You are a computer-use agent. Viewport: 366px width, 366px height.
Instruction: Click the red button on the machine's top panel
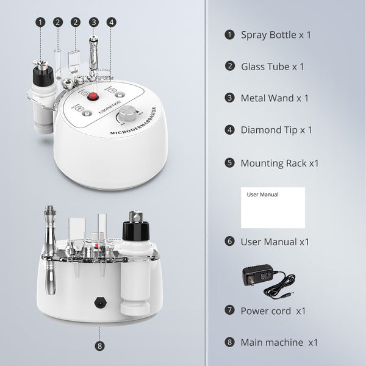[x=94, y=97]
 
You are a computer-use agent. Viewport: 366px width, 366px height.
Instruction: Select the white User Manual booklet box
[x=272, y=207]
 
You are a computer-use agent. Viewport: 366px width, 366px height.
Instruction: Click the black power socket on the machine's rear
[x=98, y=302]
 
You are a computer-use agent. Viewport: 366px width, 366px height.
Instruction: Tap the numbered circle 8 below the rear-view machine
[x=99, y=345]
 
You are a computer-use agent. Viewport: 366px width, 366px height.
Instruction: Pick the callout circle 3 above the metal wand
[x=93, y=22]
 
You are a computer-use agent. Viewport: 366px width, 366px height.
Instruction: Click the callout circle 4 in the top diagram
[x=111, y=22]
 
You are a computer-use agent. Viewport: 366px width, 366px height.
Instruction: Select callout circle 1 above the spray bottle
[x=40, y=22]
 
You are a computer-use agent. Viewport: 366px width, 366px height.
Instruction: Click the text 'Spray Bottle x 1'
[x=276, y=35]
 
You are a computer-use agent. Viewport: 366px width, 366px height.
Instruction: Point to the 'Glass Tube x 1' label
[x=272, y=66]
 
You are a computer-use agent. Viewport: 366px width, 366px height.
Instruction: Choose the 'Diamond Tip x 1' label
[x=276, y=130]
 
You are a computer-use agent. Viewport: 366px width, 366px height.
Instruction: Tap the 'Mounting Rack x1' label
[x=279, y=163]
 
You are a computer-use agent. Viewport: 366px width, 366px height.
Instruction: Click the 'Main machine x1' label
[x=279, y=342]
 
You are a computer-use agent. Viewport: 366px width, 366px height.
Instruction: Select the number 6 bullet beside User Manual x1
[x=229, y=242]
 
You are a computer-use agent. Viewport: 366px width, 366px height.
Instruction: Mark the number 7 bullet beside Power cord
[x=229, y=310]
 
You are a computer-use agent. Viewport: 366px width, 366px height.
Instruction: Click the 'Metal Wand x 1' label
[x=274, y=98]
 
